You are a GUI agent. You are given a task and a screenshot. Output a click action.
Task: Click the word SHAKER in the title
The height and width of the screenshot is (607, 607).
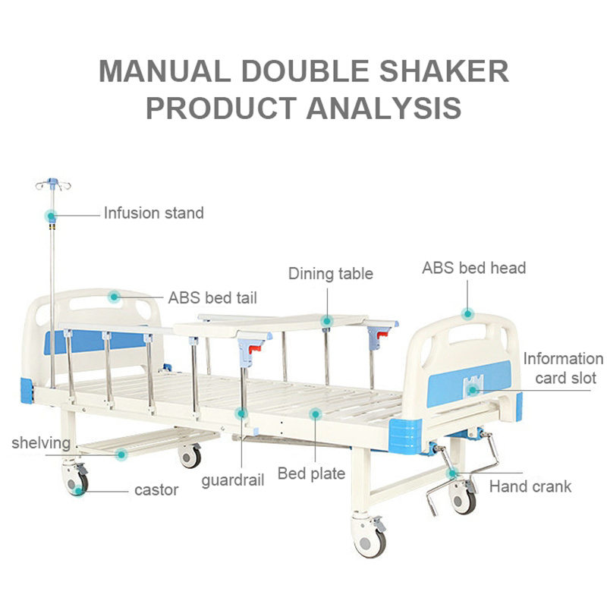pyautogui.click(x=444, y=71)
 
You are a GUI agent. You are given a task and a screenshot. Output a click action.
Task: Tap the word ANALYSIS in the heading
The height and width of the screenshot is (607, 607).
pyautogui.click(x=384, y=108)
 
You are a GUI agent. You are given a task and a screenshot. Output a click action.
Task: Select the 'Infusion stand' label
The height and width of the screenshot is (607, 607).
pyautogui.click(x=154, y=213)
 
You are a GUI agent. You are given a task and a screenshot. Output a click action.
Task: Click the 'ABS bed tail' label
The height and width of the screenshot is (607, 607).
pyautogui.click(x=212, y=297)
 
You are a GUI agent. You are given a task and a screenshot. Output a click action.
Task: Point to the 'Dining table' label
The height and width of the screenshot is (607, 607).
pyautogui.click(x=331, y=274)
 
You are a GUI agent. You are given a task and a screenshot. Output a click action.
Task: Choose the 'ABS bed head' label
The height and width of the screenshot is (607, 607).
pyautogui.click(x=473, y=268)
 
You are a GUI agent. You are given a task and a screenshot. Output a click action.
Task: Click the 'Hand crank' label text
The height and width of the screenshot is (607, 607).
pyautogui.click(x=530, y=486)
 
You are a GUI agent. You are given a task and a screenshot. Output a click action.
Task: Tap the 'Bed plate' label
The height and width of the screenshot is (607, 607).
pyautogui.click(x=311, y=473)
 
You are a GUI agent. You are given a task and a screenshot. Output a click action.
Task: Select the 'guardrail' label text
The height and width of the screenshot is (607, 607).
pyautogui.click(x=233, y=480)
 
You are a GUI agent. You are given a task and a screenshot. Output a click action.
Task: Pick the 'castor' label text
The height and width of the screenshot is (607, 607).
pyautogui.click(x=156, y=490)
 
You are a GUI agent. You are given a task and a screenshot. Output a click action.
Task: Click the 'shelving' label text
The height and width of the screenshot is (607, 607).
pyautogui.click(x=41, y=443)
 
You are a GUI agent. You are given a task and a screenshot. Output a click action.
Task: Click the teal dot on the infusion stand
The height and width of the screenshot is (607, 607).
pyautogui.click(x=51, y=215)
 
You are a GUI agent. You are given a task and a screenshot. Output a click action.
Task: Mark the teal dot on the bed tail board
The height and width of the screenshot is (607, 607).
pyautogui.click(x=114, y=297)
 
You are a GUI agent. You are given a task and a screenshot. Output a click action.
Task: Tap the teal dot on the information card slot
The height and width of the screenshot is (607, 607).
pyautogui.click(x=472, y=390)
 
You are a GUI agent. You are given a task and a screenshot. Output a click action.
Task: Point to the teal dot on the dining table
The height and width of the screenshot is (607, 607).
pyautogui.click(x=327, y=321)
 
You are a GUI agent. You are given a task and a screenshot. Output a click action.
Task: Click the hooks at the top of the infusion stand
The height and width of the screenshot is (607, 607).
pyautogui.click(x=53, y=184)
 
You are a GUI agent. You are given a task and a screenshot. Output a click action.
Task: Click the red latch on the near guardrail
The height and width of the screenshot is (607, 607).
pyautogui.click(x=255, y=349)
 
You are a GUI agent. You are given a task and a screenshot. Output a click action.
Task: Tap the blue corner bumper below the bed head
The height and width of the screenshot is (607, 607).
pyautogui.click(x=405, y=436)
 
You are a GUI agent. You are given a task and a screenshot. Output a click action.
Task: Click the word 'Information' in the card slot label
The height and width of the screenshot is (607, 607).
pyautogui.click(x=563, y=359)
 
